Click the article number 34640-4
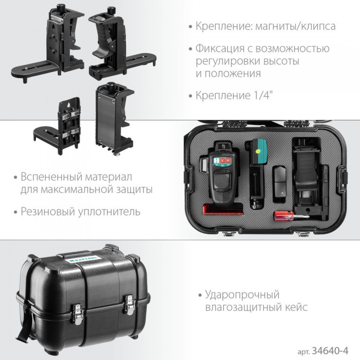pos(330,351)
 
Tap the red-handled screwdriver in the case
pos(292,217)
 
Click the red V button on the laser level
pos(222,160)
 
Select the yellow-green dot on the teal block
pos(258,151)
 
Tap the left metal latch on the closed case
pos(77,314)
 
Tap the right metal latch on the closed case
pos(129,304)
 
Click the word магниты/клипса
pos(295,26)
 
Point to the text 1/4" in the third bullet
pos(263,95)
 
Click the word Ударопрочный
pos(242,295)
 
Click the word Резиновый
pos(48,211)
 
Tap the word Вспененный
pos(51,177)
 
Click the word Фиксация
pos(220,49)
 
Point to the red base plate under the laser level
pos(223,209)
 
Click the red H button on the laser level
pos(228,160)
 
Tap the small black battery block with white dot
pos(279,184)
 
